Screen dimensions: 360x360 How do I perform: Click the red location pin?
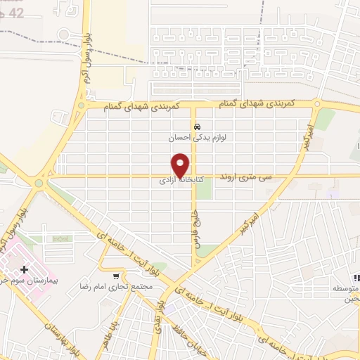tap(181, 165)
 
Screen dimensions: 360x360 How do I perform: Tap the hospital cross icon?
tap(25, 269)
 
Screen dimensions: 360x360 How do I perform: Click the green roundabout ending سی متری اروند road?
tap(39, 183)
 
